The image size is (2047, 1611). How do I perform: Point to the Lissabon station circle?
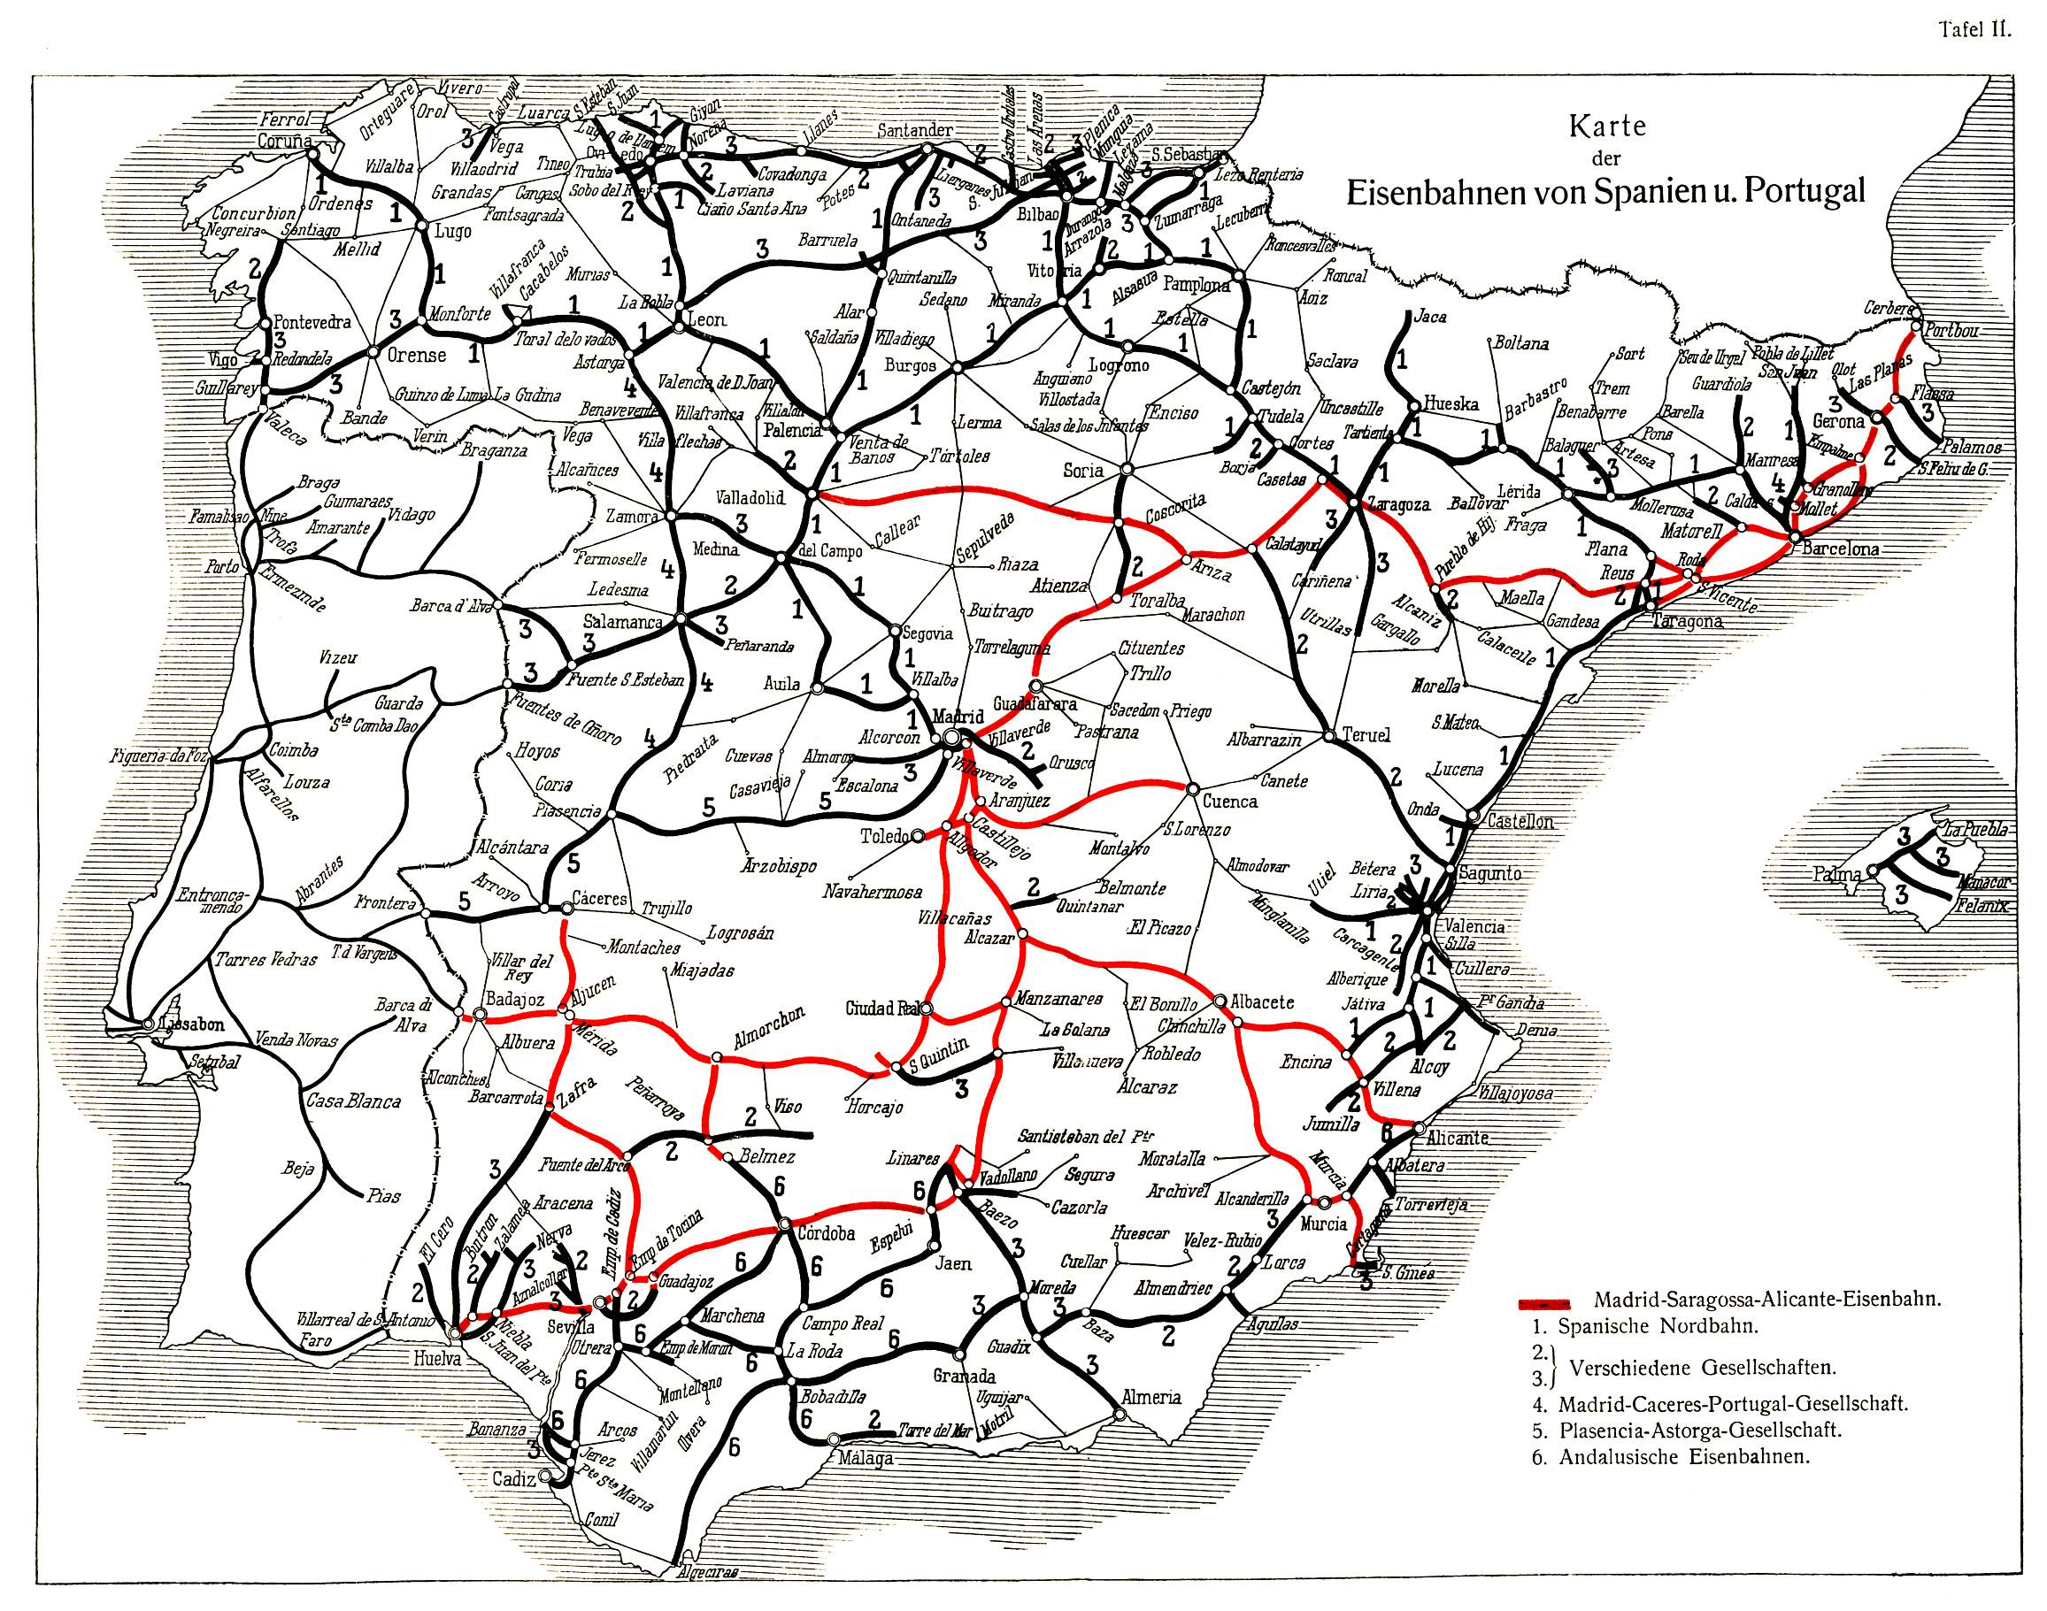pyautogui.click(x=148, y=1024)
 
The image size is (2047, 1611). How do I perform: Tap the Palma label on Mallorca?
pyautogui.click(x=1835, y=874)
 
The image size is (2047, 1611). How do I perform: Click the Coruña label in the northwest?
pyautogui.click(x=284, y=141)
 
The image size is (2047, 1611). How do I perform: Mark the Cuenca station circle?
pyautogui.click(x=1191, y=788)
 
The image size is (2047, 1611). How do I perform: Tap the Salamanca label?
pyautogui.click(x=621, y=623)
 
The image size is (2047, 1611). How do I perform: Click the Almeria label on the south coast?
pyautogui.click(x=1150, y=1398)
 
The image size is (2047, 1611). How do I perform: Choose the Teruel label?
pyautogui.click(x=1364, y=736)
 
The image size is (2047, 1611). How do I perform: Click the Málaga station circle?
pyautogui.click(x=833, y=1439)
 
